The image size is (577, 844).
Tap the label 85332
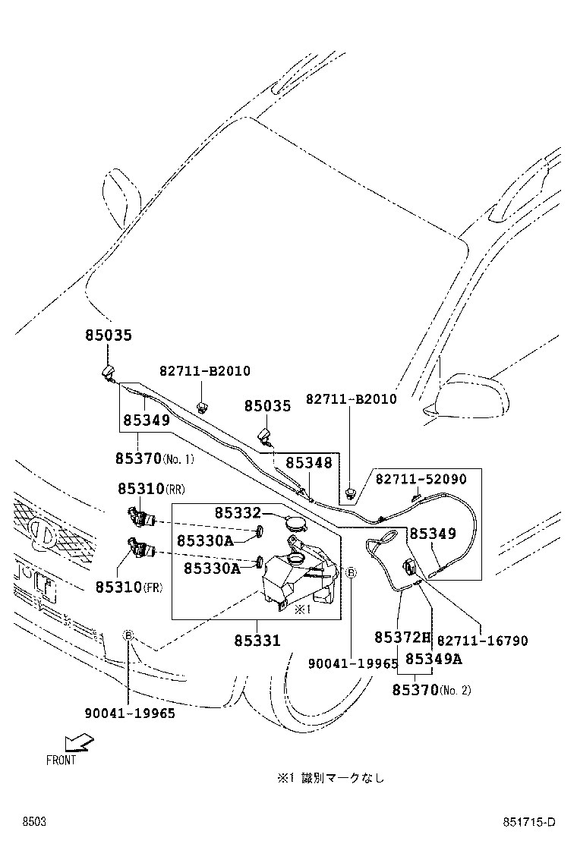pos(237,514)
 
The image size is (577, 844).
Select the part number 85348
pos(309,462)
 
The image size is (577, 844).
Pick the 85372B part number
pos(402,637)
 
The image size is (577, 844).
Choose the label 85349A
pos(433,659)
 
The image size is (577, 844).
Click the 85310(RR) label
pos(152,490)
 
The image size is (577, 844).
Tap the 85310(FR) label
pos(130,587)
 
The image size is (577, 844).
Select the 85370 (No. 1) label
pos(155,458)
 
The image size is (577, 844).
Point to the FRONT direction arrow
pos(77,742)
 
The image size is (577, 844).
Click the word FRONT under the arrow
pos(61,761)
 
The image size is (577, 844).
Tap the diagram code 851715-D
pos(528,823)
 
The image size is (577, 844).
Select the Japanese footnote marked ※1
pos(330,777)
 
